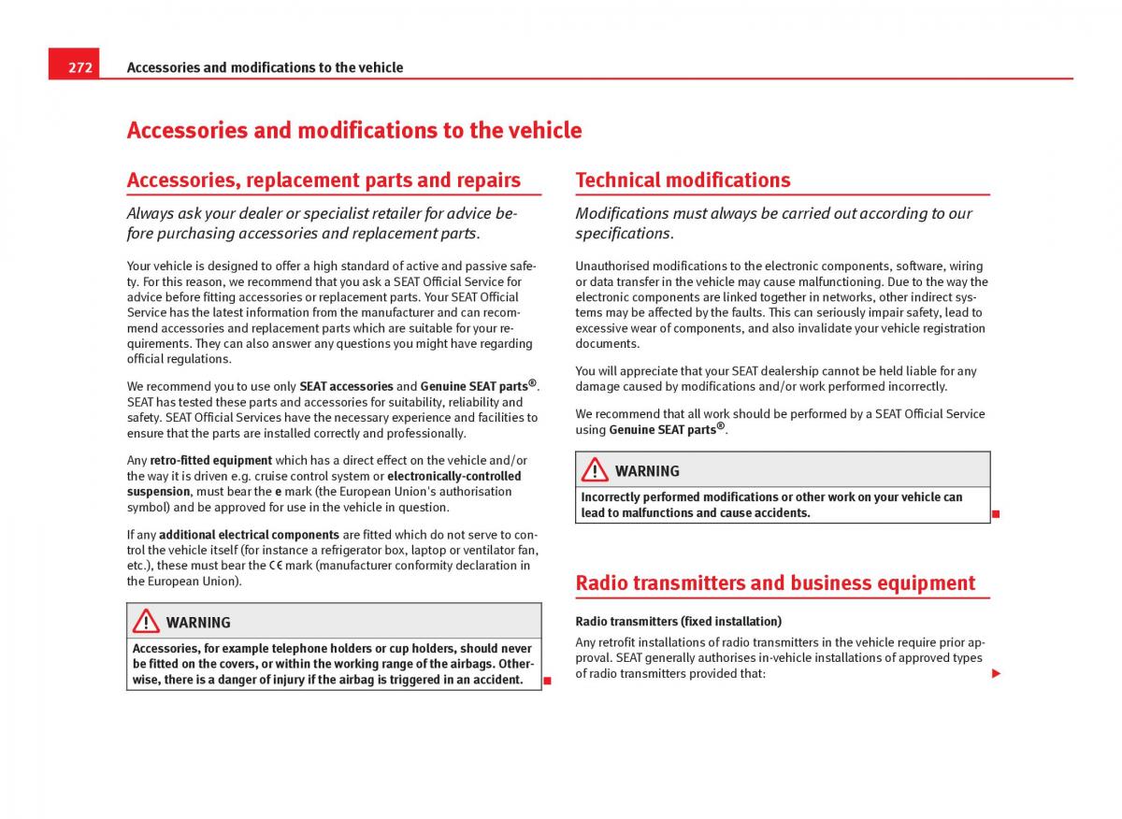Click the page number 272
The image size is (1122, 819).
point(79,67)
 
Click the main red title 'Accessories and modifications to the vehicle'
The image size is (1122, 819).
point(353,131)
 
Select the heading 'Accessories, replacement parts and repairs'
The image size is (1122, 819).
point(324,180)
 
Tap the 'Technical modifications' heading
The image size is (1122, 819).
point(683,180)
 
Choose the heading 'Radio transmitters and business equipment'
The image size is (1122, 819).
point(775,583)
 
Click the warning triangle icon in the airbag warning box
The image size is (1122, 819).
point(146,621)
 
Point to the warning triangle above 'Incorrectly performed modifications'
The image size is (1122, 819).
point(595,469)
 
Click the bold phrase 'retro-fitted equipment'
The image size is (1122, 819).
point(211,461)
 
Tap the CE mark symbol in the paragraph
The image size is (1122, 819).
point(276,566)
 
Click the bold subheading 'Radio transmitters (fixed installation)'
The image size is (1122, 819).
point(678,622)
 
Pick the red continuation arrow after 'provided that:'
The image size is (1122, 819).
point(997,673)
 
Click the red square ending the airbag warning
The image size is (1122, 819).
point(548,680)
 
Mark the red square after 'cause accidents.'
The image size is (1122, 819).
point(997,513)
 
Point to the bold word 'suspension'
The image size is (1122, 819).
point(159,492)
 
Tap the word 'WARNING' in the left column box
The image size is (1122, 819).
point(198,623)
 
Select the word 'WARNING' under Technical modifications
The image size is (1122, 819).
point(647,471)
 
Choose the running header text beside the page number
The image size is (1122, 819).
point(265,67)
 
